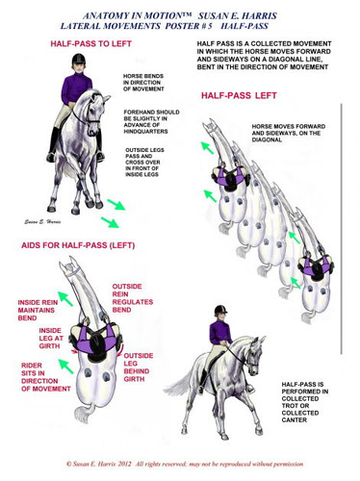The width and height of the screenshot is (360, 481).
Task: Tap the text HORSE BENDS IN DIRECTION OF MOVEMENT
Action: [145, 89]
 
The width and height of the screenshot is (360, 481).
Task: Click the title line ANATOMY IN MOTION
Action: [180, 16]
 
